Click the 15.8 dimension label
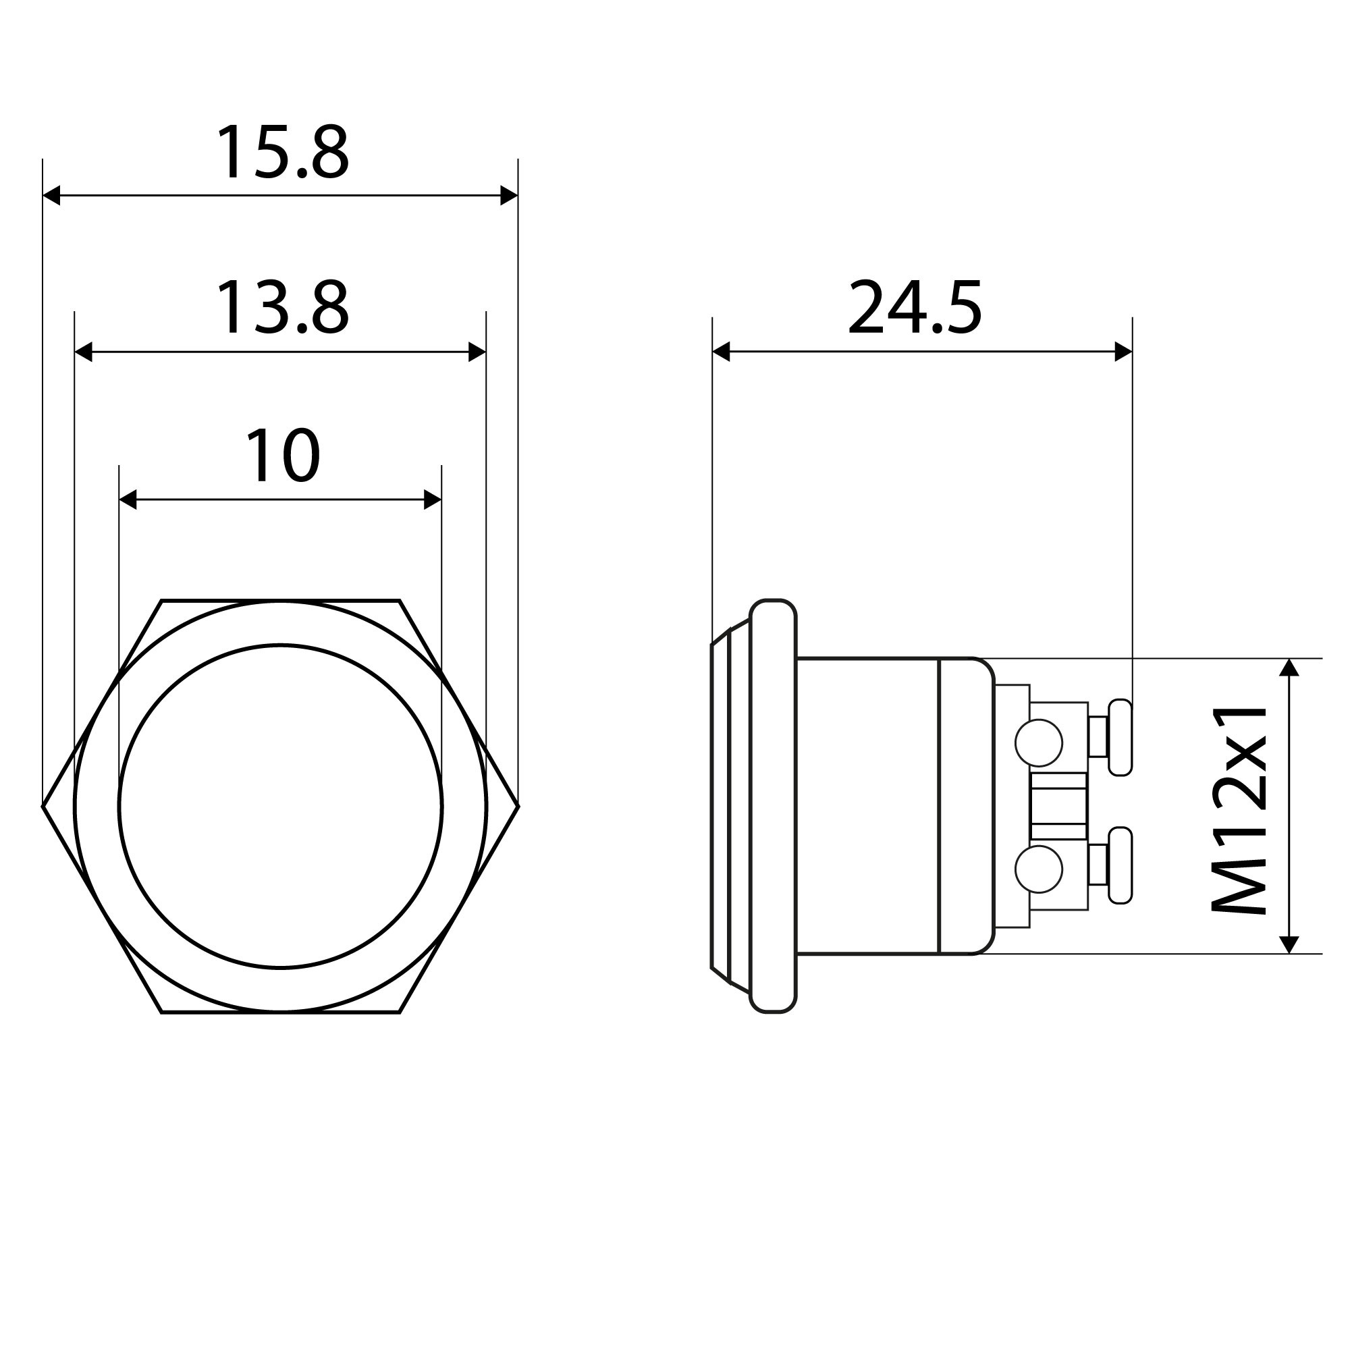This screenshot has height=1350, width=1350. pyautogui.click(x=282, y=154)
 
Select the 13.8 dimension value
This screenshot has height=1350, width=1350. pyautogui.click(x=282, y=309)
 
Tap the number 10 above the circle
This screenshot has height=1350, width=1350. pyautogui.click(x=282, y=456)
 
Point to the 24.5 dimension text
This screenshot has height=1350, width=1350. pyautogui.click(x=915, y=307)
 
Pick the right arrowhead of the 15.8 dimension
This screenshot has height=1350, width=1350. pyautogui.click(x=510, y=196)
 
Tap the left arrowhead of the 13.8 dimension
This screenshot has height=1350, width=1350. pyautogui.click(x=84, y=352)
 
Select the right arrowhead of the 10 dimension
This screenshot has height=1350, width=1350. pyautogui.click(x=433, y=500)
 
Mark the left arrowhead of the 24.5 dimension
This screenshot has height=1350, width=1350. pyautogui.click(x=721, y=352)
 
